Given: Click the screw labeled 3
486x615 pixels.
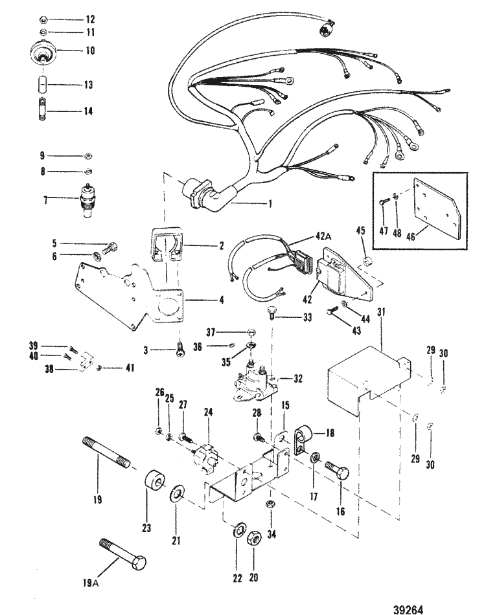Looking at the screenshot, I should (179, 350).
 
